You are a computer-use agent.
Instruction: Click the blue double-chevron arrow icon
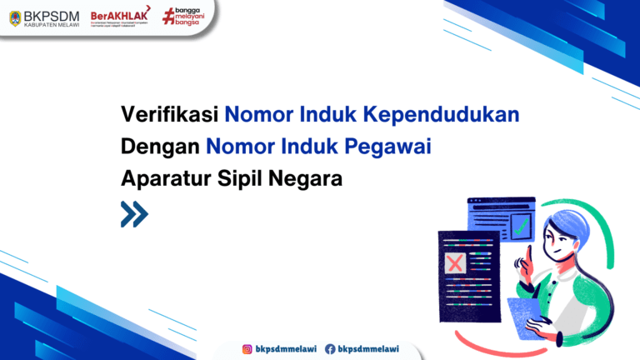coord(134,214)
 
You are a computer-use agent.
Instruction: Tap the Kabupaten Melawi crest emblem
coord(15,17)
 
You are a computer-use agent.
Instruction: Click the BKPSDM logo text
coord(51,14)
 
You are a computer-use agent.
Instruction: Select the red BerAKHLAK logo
coord(115,14)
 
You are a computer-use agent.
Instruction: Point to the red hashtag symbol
coord(169,16)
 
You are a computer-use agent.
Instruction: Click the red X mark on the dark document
coord(455,264)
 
